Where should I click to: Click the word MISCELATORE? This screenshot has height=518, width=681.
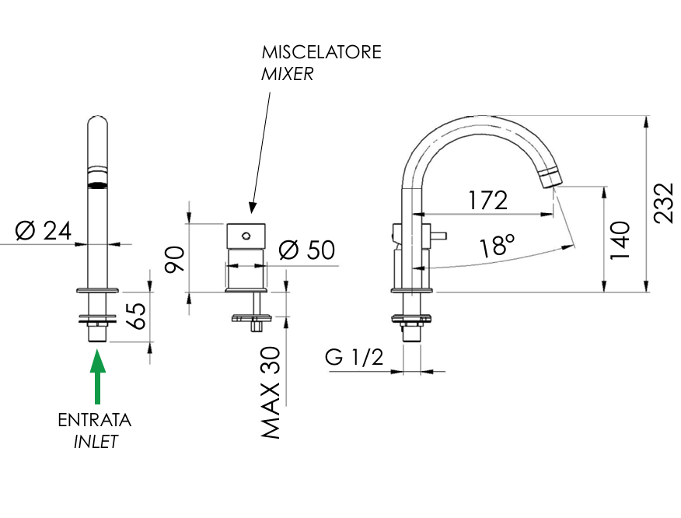click(321, 53)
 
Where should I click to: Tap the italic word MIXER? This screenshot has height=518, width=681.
click(288, 75)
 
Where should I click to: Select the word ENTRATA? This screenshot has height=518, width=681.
click(94, 421)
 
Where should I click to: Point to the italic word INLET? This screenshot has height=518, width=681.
click(95, 442)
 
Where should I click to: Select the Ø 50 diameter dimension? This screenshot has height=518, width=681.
click(306, 250)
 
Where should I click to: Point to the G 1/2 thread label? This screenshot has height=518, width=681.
click(354, 358)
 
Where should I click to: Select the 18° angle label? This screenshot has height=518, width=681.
click(497, 246)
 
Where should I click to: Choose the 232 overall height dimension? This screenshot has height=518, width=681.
click(663, 204)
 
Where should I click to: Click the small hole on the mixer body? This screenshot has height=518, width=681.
click(245, 234)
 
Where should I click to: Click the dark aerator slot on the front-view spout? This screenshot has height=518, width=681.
click(97, 184)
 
